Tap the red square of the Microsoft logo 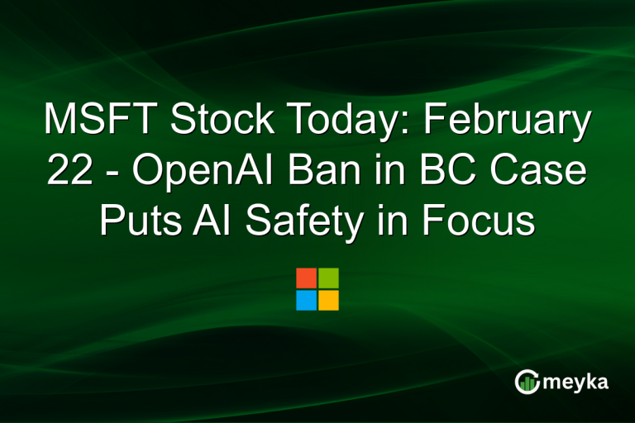pos(306,278)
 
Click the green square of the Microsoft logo pos(328,278)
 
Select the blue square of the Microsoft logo pos(306,300)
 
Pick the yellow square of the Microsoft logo pos(328,300)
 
